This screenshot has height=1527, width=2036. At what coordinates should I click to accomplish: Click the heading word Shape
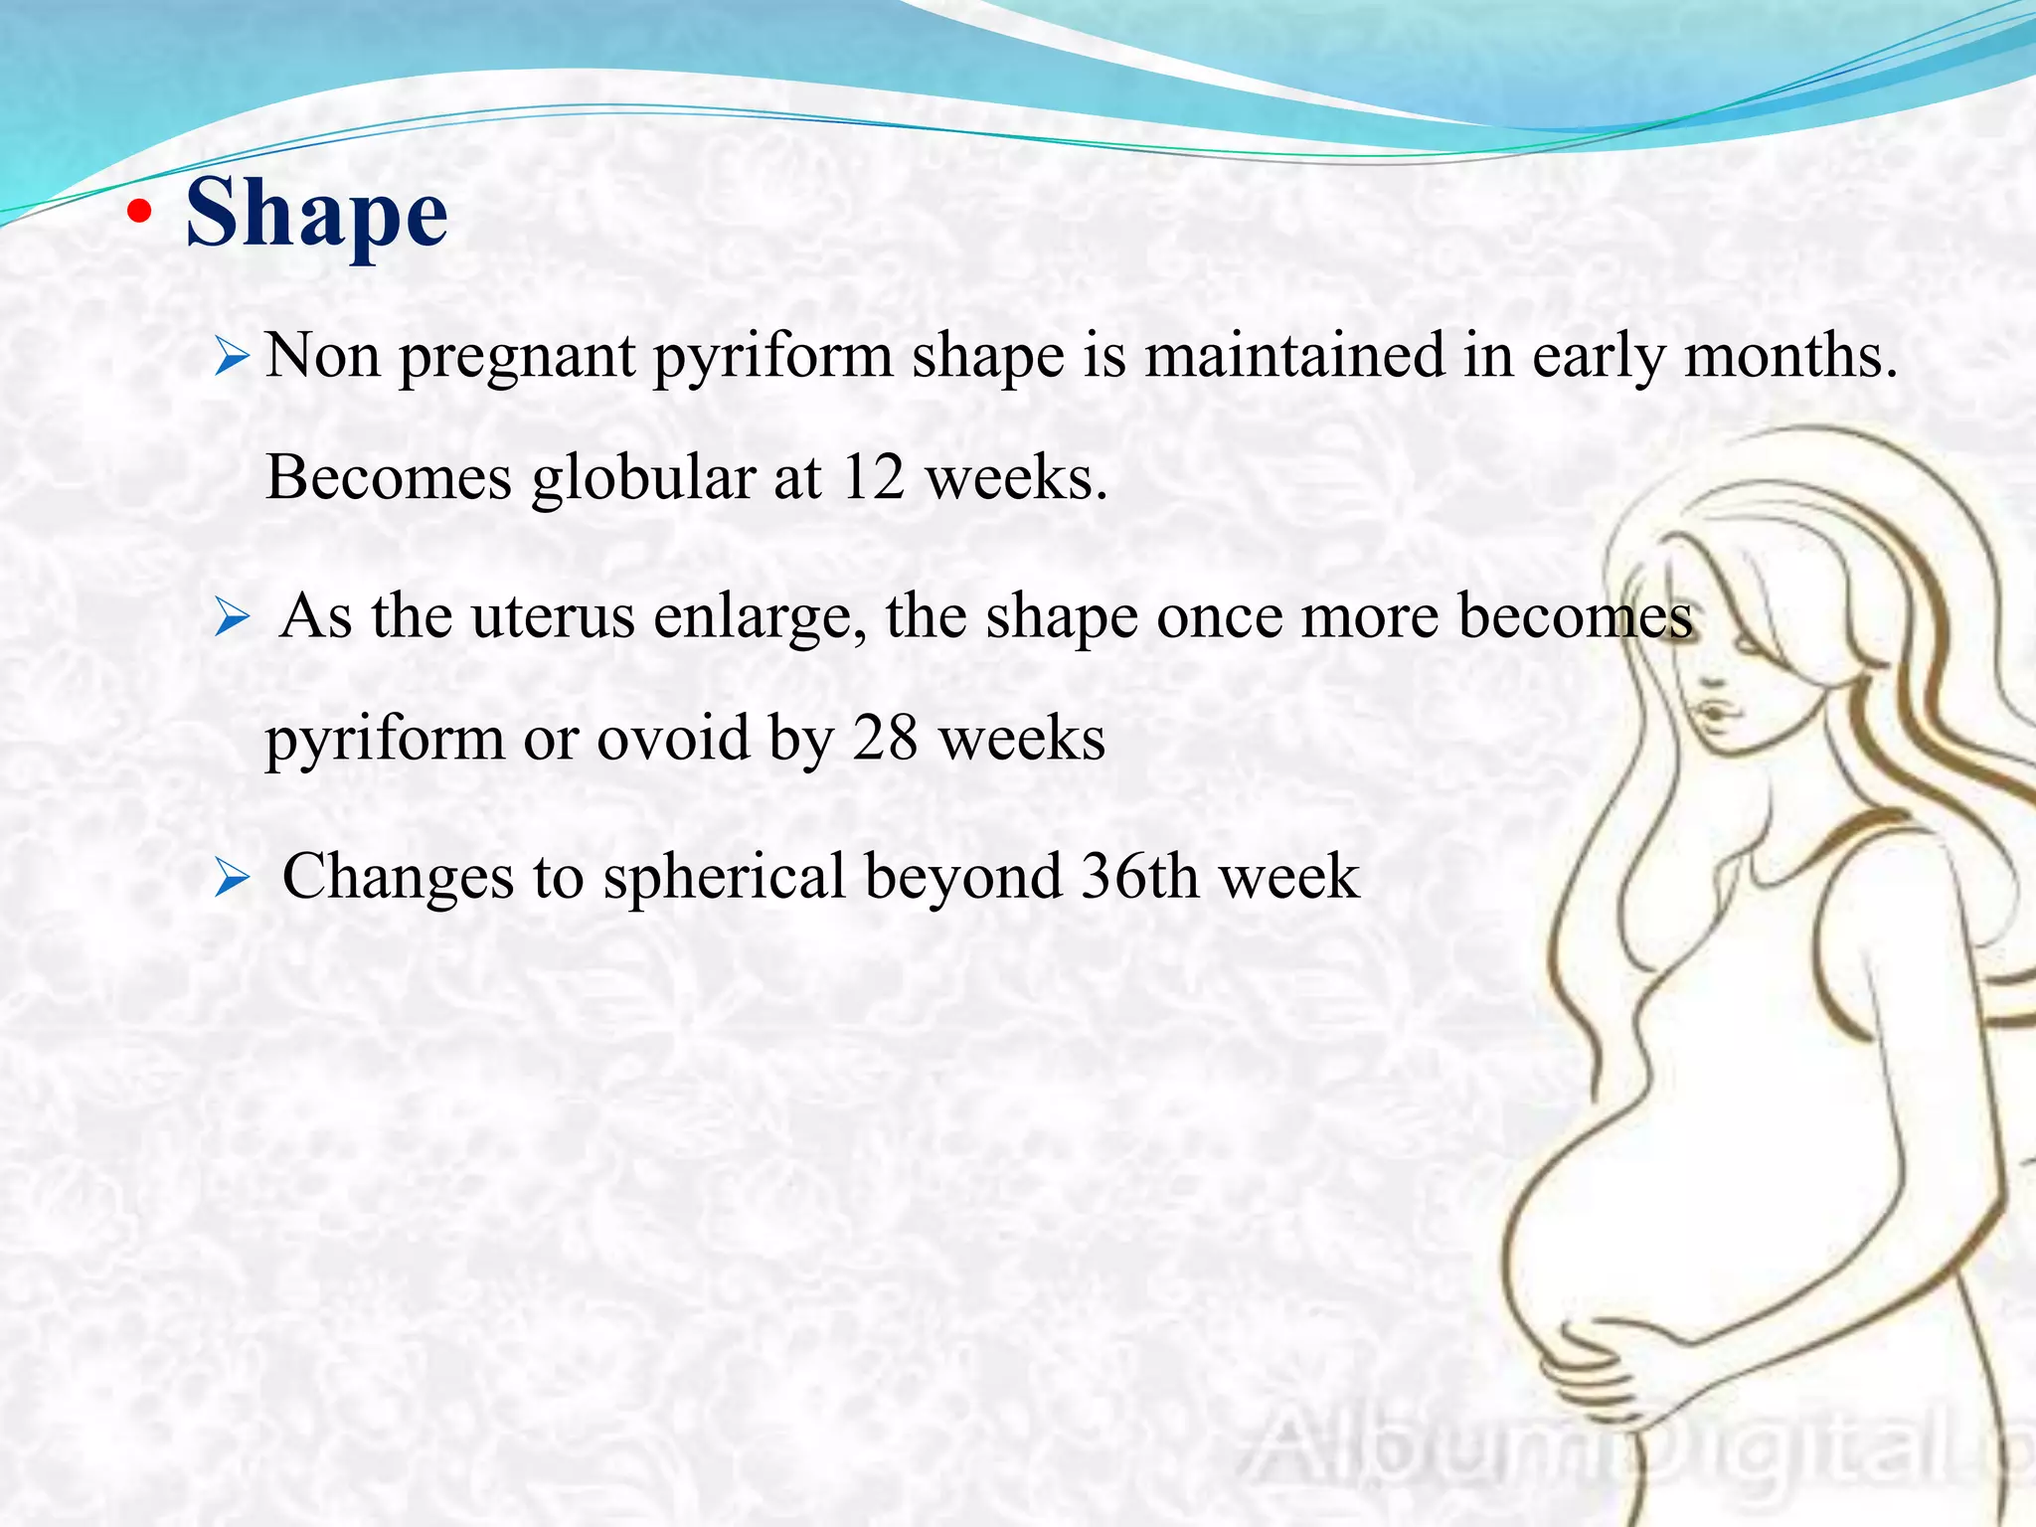316,213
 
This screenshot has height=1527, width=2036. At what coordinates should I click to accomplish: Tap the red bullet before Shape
140,212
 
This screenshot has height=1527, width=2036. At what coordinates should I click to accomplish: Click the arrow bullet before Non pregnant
231,357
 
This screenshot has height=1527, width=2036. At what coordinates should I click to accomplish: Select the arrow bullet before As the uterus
231,618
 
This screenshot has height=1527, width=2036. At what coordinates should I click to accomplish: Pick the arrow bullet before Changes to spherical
231,879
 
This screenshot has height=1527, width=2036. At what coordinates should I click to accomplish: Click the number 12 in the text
872,478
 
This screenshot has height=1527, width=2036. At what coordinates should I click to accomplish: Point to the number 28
884,740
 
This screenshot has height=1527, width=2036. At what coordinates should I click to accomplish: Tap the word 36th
1138,877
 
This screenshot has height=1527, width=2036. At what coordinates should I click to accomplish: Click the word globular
643,478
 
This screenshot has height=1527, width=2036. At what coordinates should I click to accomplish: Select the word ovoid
673,740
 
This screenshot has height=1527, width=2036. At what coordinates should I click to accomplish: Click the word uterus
552,617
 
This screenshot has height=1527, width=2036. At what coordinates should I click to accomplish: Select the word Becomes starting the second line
389,478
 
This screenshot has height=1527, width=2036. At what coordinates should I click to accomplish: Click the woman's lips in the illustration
1717,713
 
